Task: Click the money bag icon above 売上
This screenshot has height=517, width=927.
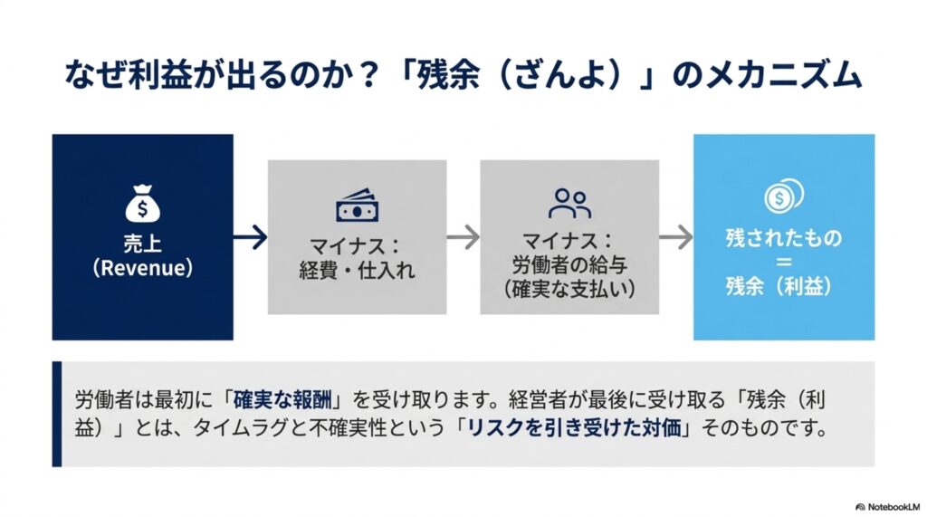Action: point(142,204)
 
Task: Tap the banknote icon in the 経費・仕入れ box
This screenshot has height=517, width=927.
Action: point(357,206)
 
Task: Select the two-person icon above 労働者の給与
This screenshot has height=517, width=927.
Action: point(569,204)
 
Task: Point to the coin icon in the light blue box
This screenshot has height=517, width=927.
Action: point(783,196)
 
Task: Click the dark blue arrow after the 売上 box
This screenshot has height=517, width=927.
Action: point(251,237)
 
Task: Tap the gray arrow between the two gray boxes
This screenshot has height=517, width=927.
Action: point(463,237)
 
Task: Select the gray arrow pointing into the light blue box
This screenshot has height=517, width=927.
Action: point(675,237)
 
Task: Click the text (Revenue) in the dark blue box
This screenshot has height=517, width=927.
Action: point(142,268)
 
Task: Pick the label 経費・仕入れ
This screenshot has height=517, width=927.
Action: point(357,271)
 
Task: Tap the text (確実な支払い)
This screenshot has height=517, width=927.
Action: point(569,289)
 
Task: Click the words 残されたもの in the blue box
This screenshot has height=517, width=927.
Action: point(783,238)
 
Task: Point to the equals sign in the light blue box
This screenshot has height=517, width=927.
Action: point(783,262)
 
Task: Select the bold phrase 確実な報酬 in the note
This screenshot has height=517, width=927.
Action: point(282,400)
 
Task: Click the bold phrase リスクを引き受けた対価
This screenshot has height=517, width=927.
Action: point(574,427)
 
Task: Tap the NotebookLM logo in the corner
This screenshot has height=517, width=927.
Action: point(887,507)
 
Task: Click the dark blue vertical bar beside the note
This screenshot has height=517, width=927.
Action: point(57,414)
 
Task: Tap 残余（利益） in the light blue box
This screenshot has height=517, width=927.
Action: point(779,286)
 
